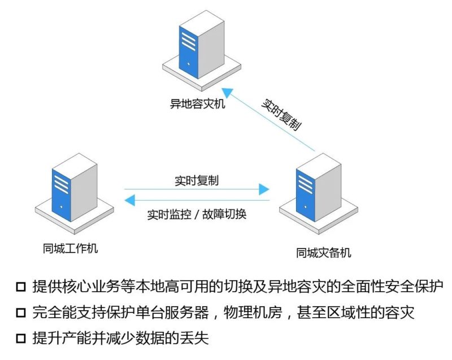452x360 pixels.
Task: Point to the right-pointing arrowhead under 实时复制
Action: click(x=264, y=189)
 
